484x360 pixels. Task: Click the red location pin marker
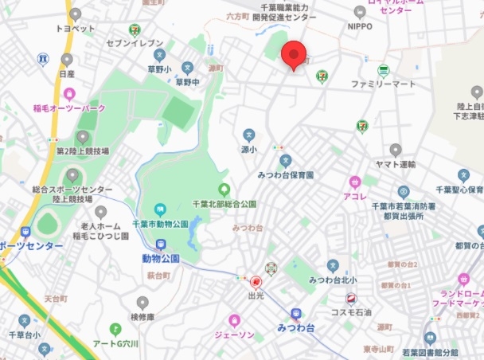pos(295,55)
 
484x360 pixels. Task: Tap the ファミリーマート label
pos(384,83)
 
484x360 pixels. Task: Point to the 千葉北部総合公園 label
pos(224,204)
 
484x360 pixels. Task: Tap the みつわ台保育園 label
pos(286,174)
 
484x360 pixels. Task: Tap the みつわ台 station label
pos(295,327)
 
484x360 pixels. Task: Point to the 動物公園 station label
pos(161,258)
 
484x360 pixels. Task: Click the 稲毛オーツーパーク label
pos(69,108)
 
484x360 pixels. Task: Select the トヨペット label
pos(75,29)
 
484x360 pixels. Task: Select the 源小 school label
pos(248,148)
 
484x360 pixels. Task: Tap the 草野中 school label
pos(187,81)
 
